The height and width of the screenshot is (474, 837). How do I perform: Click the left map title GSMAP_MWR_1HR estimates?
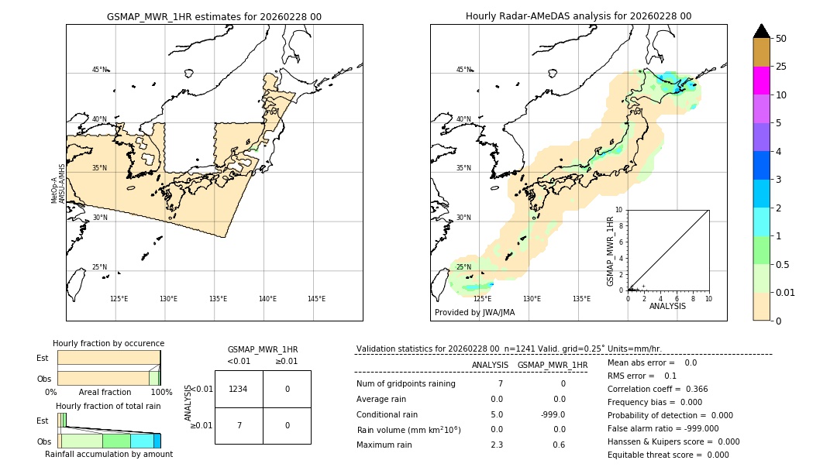(214, 16)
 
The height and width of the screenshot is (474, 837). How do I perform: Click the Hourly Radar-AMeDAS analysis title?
(578, 16)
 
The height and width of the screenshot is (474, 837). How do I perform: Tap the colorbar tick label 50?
(781, 39)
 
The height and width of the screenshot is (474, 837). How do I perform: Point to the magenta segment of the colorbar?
(761, 81)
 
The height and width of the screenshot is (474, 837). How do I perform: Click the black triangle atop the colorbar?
(761, 31)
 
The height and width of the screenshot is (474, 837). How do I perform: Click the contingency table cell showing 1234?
(239, 389)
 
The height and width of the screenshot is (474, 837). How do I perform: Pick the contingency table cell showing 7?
(239, 425)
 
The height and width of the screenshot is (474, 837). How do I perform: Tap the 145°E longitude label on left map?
(316, 299)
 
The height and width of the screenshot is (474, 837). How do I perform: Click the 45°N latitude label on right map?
(463, 70)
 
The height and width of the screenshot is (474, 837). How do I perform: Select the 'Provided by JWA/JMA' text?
(474, 313)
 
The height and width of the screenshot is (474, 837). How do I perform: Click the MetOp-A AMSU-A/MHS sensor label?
(58, 184)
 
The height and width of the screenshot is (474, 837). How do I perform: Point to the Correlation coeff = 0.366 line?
(657, 389)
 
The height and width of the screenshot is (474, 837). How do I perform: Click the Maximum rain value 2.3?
(497, 445)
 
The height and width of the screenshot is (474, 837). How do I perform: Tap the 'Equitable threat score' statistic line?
(668, 455)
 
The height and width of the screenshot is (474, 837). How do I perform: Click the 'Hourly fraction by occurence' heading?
(108, 343)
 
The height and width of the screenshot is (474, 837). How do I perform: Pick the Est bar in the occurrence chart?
(108, 357)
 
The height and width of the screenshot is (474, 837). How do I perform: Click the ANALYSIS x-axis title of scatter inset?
(667, 306)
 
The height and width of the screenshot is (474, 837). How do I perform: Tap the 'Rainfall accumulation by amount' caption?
(108, 455)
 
